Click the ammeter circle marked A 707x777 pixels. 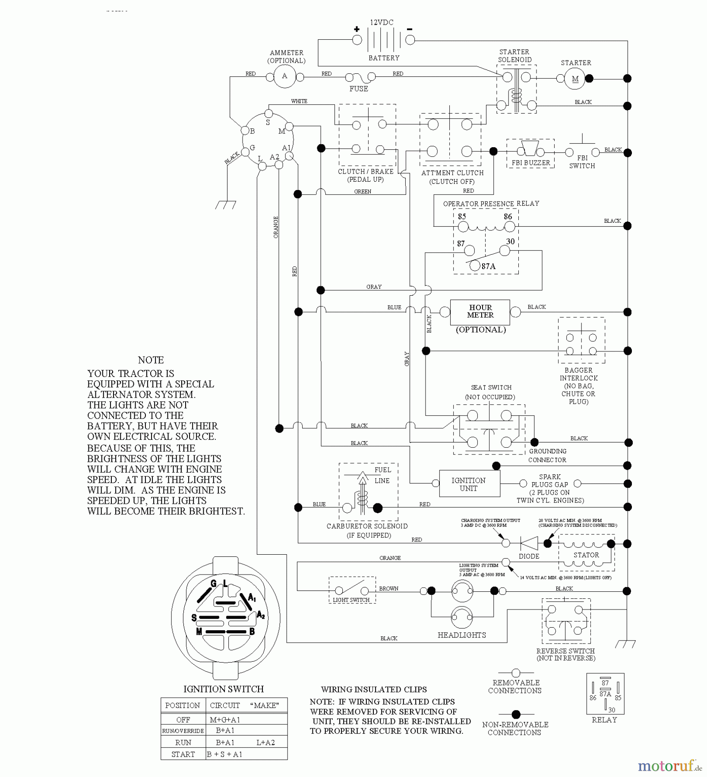click(x=284, y=76)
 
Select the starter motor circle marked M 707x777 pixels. click(x=575, y=79)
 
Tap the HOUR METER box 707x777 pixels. click(x=480, y=312)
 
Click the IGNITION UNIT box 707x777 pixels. click(x=469, y=484)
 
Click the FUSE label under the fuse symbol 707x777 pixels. click(x=359, y=88)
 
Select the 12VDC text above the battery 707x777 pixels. click(x=382, y=22)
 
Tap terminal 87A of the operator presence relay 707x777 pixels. click(x=475, y=266)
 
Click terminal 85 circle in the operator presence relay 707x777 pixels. click(x=463, y=227)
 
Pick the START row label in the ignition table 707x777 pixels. click(x=183, y=754)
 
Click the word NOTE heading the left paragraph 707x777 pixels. click(x=151, y=360)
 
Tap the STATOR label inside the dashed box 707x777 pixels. click(x=586, y=555)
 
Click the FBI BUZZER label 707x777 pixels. click(x=530, y=163)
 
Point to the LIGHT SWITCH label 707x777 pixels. click(x=351, y=600)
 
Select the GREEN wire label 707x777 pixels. click(x=363, y=191)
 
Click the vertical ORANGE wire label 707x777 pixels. click(x=276, y=227)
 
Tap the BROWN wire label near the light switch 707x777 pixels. click(x=388, y=588)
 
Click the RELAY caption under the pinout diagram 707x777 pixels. click(x=604, y=720)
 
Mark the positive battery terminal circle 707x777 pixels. click(x=357, y=40)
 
